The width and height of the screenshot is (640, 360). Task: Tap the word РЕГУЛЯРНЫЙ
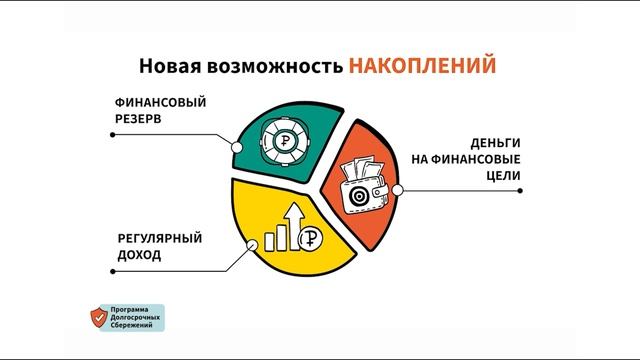[x=159, y=238]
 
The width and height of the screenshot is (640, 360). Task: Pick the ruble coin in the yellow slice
[x=315, y=240]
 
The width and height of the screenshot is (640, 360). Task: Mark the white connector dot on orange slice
[x=398, y=188]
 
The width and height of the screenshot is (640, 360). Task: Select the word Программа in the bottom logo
[x=135, y=309]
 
